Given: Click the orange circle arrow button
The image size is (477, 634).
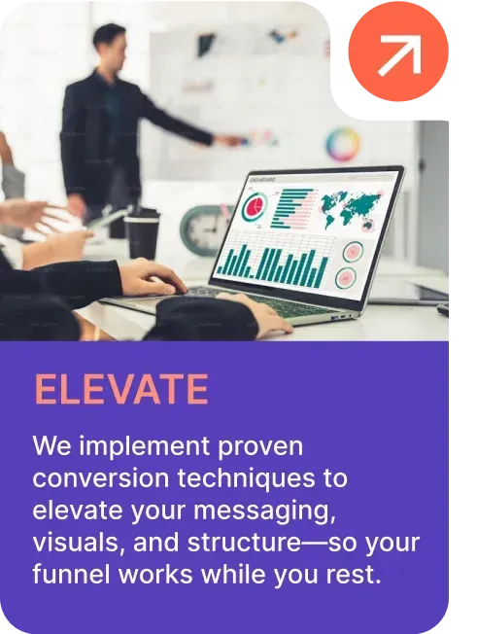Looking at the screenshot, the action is point(398,52).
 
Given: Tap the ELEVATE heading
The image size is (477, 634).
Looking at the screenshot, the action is point(121,389).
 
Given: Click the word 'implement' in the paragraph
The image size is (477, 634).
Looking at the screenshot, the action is point(144,447).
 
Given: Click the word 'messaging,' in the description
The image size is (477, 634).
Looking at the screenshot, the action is point(264,511).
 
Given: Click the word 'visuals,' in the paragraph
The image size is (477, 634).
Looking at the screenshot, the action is point(79,543).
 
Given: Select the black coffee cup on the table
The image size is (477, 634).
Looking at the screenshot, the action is point(142,234).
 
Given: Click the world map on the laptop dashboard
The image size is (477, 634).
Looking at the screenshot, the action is point(350,210).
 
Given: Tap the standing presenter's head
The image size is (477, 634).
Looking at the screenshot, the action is point(109,41).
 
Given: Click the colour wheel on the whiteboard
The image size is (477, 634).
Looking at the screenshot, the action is point(343,143).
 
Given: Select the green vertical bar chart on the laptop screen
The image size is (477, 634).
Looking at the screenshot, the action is point(273,264).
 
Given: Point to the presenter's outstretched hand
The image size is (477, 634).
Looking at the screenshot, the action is point(228,140).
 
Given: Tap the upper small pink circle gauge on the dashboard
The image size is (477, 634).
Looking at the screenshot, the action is point(353,252).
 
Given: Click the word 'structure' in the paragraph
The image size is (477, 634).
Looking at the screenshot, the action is point(244,543).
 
